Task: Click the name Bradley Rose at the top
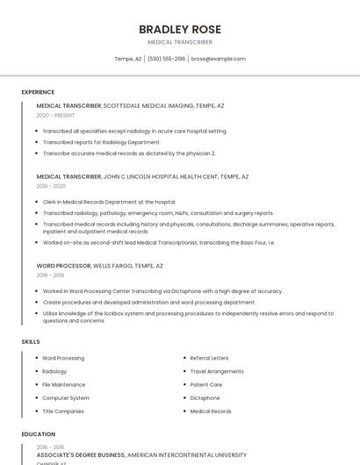click(x=179, y=29)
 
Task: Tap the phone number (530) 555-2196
click(x=167, y=59)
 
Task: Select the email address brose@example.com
click(x=218, y=59)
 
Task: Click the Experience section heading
click(x=38, y=92)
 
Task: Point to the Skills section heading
click(x=31, y=341)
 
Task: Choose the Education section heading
click(x=38, y=434)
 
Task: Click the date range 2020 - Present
click(x=55, y=115)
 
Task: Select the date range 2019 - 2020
click(x=51, y=186)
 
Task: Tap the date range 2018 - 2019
click(x=50, y=275)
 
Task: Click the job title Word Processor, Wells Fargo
click(x=100, y=265)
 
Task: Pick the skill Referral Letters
click(x=209, y=358)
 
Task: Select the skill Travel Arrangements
click(x=217, y=371)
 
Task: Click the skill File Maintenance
click(x=64, y=384)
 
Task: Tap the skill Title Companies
click(x=63, y=411)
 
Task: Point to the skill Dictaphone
click(x=205, y=397)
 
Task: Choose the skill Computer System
click(x=66, y=397)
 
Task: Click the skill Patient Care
click(x=206, y=384)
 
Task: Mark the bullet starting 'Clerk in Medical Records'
click(x=109, y=202)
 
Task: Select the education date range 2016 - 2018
click(x=50, y=447)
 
